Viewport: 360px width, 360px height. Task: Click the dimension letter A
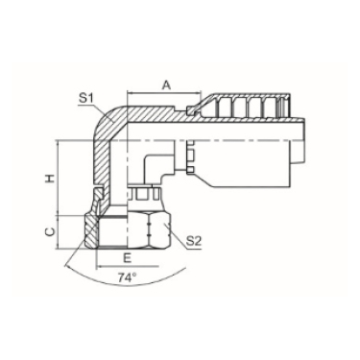click(x=166, y=85)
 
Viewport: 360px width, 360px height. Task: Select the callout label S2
click(x=194, y=241)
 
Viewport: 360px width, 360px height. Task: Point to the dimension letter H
click(x=50, y=179)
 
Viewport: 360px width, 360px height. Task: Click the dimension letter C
click(x=50, y=232)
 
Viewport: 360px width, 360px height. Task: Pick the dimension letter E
click(x=128, y=258)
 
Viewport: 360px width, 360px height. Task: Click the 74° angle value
click(x=127, y=277)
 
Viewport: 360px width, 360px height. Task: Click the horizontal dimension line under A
click(x=164, y=93)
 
